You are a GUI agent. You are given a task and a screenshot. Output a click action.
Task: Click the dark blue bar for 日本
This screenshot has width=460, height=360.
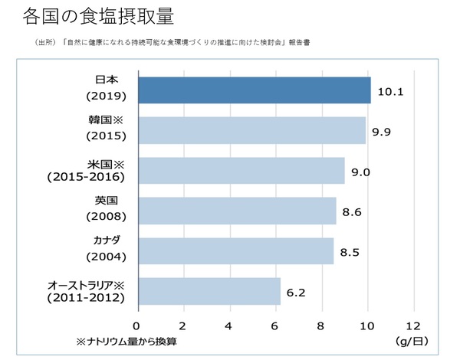pyautogui.click(x=253, y=90)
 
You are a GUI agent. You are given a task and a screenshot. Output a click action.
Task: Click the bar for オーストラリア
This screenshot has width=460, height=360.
pyautogui.click(x=209, y=291)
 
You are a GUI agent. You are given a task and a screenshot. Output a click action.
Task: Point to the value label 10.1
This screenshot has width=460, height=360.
pyautogui.click(x=391, y=91)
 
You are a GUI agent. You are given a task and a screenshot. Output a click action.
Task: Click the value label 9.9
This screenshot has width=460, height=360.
pyautogui.click(x=383, y=132)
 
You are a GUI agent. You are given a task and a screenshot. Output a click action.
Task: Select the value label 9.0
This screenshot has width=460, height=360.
pyautogui.click(x=361, y=172)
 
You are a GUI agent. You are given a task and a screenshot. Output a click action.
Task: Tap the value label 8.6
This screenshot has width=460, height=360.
pyautogui.click(x=352, y=212)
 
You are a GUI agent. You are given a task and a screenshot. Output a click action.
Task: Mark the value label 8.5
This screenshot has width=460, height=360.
pyautogui.click(x=350, y=252)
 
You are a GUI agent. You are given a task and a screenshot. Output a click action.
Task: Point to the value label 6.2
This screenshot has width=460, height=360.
pyautogui.click(x=297, y=293)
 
